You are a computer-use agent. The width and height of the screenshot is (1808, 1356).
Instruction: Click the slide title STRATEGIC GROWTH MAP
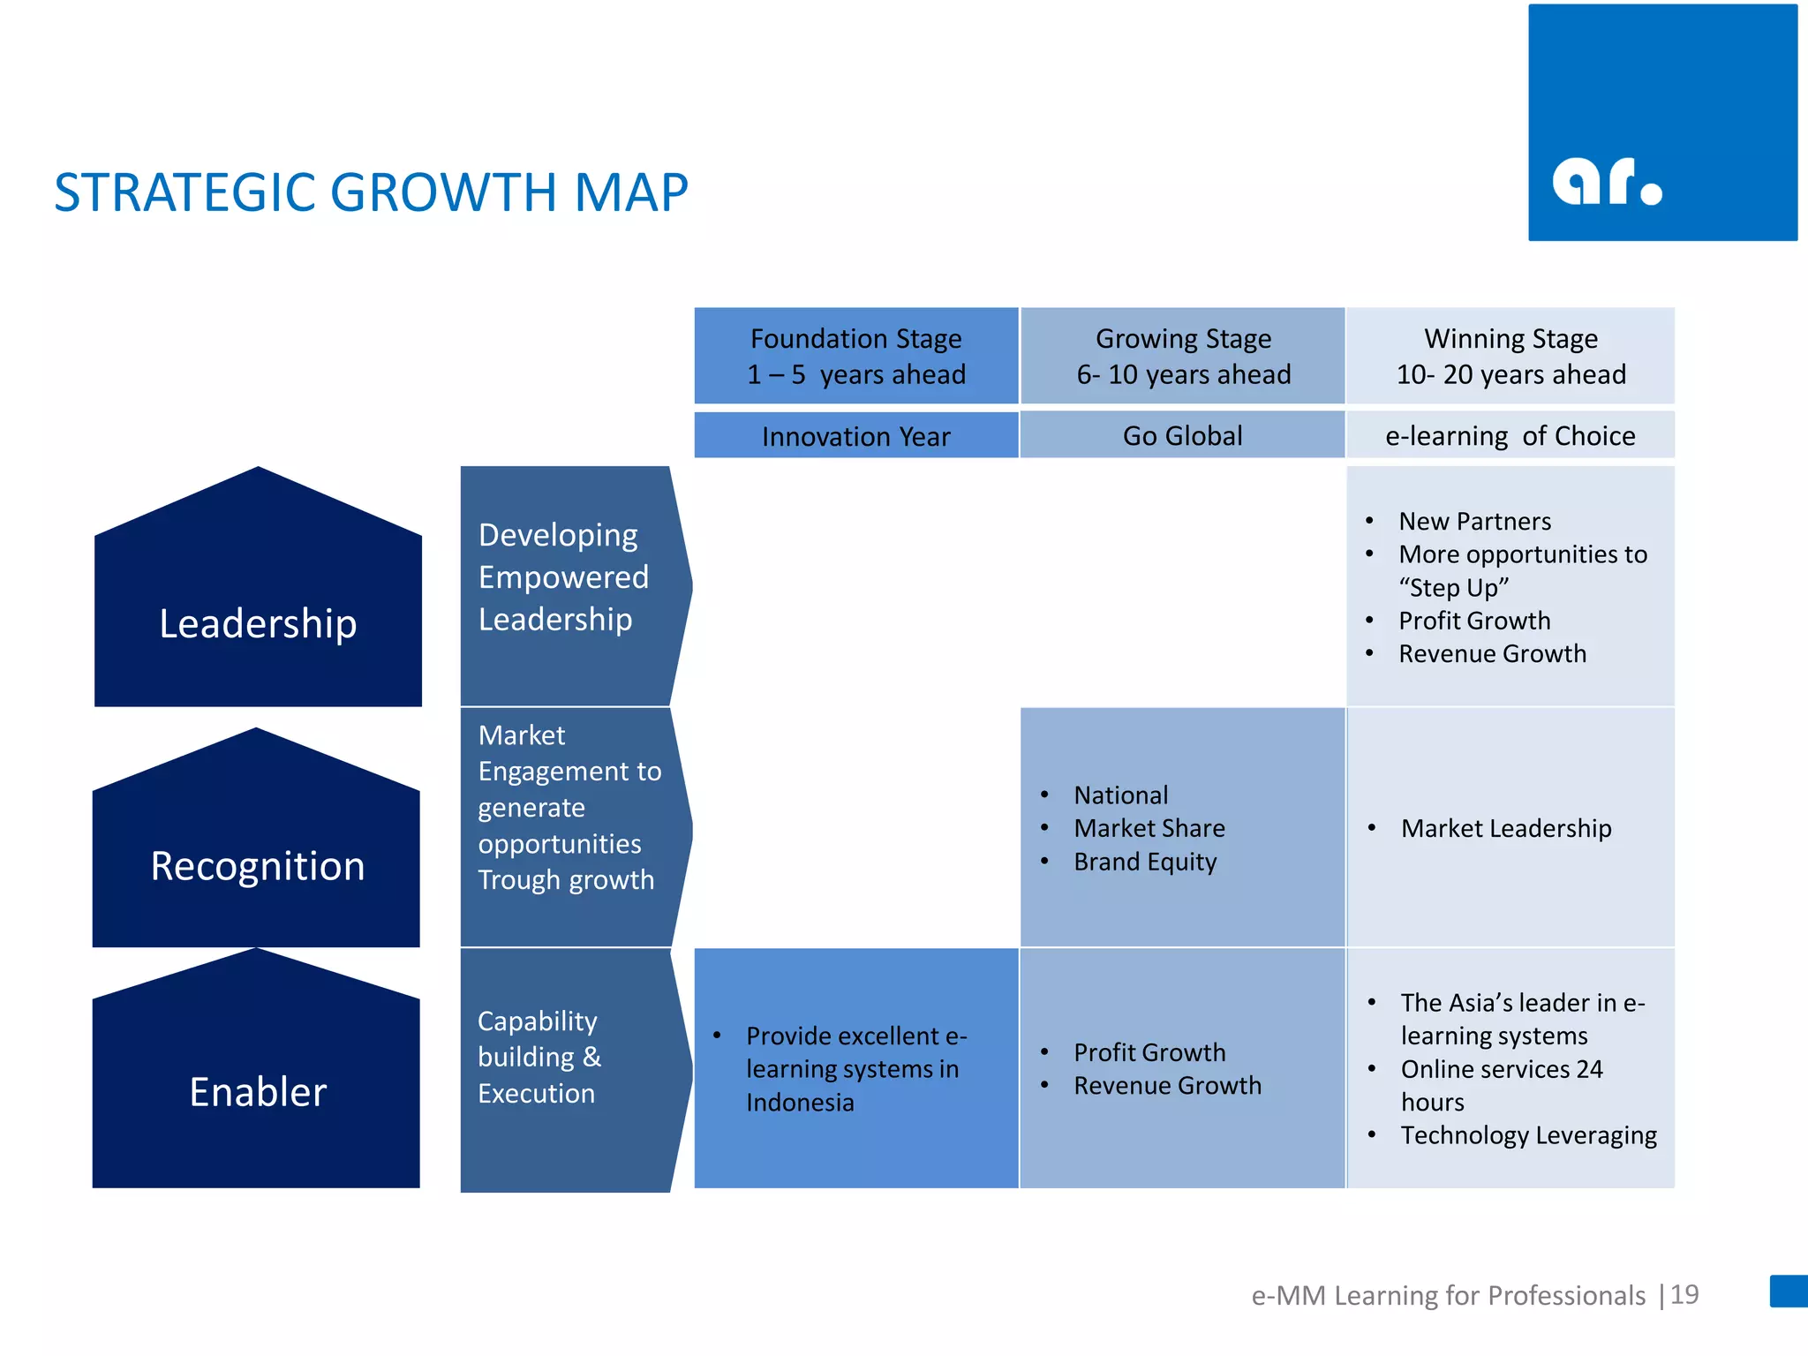pyautogui.click(x=371, y=192)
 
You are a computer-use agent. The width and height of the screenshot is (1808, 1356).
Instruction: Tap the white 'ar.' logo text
pyautogui.click(x=1607, y=183)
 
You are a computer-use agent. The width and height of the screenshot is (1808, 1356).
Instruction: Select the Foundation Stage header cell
pyautogui.click(x=855, y=356)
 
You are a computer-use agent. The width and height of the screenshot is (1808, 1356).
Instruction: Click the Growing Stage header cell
pyautogui.click(x=1183, y=356)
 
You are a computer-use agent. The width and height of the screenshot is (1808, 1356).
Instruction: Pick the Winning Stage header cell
pyautogui.click(x=1510, y=356)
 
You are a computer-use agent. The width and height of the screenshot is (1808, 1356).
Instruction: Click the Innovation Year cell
pyautogui.click(x=855, y=436)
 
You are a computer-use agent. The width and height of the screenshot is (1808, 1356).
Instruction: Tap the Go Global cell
pyautogui.click(x=1182, y=435)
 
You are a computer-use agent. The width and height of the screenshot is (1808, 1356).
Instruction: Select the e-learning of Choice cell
pyautogui.click(x=1510, y=435)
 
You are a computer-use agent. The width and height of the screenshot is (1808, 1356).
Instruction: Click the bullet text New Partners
pyautogui.click(x=1474, y=521)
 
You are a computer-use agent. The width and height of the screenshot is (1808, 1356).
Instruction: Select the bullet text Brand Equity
pyautogui.click(x=1145, y=862)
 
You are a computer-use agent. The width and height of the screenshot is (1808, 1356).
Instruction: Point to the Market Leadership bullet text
pyautogui.click(x=1506, y=828)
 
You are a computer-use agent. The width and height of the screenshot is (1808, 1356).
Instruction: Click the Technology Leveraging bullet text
pyautogui.click(x=1528, y=1135)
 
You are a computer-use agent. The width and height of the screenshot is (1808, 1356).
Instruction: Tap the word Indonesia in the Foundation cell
pyautogui.click(x=800, y=1103)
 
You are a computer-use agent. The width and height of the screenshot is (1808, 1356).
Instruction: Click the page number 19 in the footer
pyautogui.click(x=1684, y=1294)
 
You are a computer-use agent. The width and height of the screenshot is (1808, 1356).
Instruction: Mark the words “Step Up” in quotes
pyautogui.click(x=1454, y=588)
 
